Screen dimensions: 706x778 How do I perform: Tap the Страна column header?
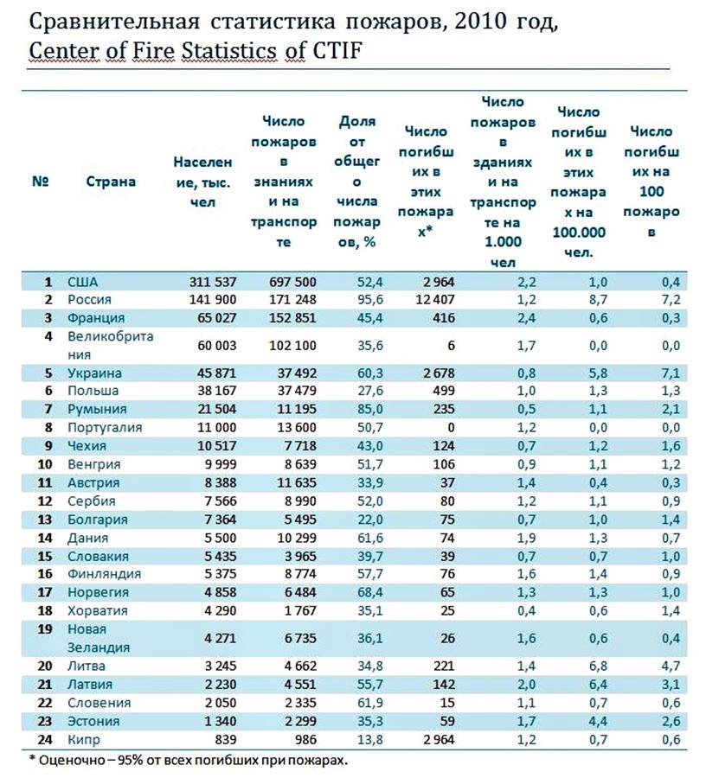tap(111, 182)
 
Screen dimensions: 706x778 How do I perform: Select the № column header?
tap(40, 182)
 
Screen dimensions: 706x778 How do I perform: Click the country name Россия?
tap(89, 300)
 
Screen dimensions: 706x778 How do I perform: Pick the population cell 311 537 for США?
tap(213, 282)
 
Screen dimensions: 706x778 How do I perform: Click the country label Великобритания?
tap(110, 345)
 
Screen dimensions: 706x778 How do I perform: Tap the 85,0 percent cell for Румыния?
tap(370, 410)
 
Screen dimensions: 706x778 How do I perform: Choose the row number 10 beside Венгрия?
tap(45, 464)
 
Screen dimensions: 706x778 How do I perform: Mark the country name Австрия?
tap(93, 482)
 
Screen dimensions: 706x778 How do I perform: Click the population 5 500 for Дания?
tap(221, 538)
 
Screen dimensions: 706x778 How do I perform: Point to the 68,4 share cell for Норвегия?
tap(370, 592)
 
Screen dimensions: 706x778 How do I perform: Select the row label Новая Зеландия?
tap(99, 638)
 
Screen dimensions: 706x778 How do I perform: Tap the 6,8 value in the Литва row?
tap(598, 666)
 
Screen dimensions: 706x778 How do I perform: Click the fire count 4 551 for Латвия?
tap(300, 685)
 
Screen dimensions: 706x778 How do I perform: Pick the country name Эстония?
tap(93, 721)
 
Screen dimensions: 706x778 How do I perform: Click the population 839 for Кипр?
tap(226, 739)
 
